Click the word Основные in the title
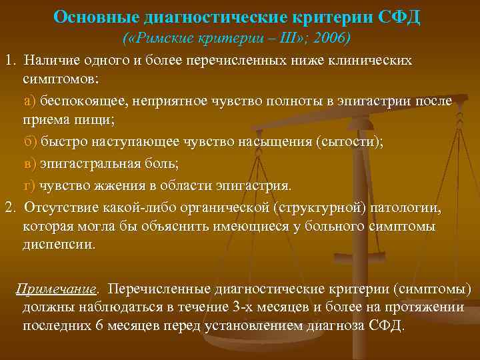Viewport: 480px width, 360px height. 92,16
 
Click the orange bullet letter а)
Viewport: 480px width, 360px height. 29,101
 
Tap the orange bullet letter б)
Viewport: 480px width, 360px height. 29,143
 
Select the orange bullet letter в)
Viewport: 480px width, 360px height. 29,163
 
